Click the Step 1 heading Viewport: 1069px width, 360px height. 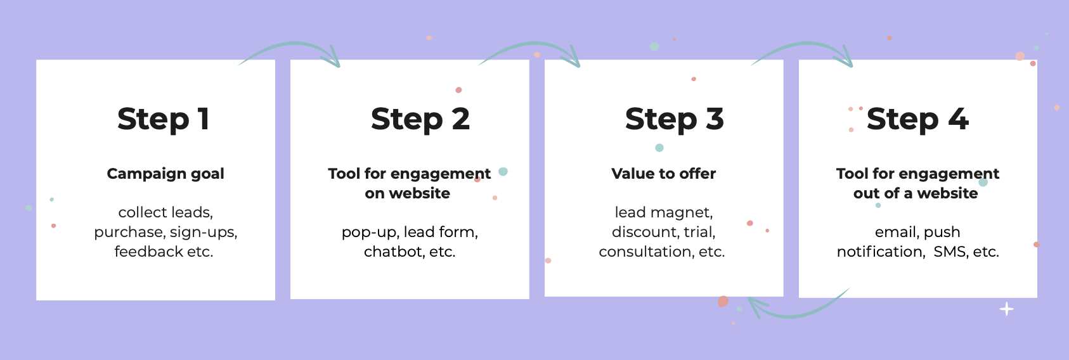point(163,119)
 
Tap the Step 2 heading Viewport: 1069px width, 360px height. point(420,119)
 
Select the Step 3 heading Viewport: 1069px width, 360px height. point(675,119)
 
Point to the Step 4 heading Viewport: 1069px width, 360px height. point(917,119)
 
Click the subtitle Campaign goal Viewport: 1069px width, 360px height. point(165,174)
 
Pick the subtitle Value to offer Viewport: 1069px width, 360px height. point(663,174)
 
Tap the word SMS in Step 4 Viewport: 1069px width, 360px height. point(947,251)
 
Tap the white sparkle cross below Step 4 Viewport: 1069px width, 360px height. point(1006,309)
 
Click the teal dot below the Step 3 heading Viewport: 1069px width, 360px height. point(659,148)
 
